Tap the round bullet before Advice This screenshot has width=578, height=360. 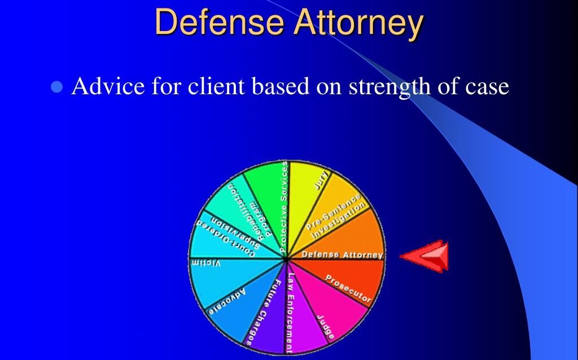[56, 87]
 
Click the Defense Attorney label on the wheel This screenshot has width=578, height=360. [342, 255]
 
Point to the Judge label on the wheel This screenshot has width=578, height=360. [326, 326]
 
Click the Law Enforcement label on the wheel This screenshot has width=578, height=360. [290, 313]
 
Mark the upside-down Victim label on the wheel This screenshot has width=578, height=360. [205, 264]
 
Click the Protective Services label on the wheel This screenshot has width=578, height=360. [284, 206]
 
